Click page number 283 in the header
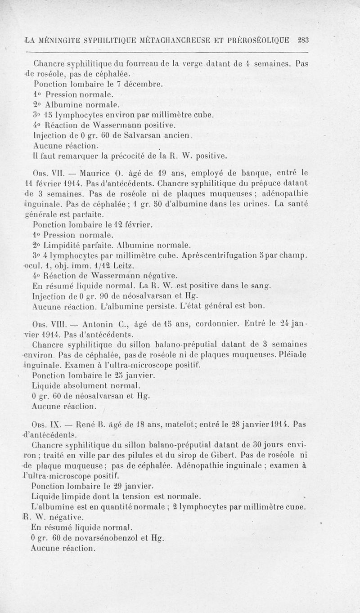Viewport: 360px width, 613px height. [x=302, y=40]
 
